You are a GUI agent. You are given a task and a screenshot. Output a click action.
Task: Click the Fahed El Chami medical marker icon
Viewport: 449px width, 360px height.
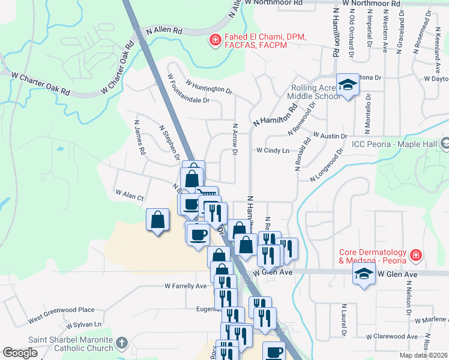click(214, 40)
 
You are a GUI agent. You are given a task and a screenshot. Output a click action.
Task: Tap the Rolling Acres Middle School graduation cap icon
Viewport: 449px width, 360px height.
click(347, 86)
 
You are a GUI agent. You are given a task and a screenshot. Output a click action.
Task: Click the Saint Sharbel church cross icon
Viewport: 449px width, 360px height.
click(121, 344)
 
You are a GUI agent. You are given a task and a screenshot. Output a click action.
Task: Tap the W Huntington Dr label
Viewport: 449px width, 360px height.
click(209, 87)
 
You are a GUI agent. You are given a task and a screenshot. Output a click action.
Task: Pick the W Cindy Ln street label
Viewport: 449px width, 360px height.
click(273, 151)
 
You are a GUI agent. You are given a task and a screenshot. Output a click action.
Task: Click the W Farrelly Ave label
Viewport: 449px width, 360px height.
click(185, 286)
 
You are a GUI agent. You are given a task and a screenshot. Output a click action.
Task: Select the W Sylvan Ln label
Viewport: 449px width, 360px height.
click(84, 325)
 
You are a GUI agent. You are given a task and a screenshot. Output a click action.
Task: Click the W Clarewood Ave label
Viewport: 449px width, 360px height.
click(391, 337)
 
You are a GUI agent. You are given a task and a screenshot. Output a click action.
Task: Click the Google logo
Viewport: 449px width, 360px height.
click(20, 353)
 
